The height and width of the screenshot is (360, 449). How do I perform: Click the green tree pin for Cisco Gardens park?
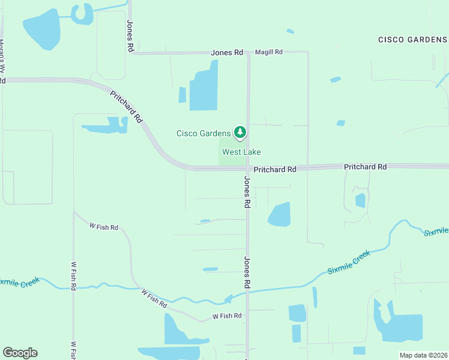click(240, 132)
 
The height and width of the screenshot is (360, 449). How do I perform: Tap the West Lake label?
click(241, 152)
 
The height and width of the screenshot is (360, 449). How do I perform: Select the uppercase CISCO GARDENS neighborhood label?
click(412, 40)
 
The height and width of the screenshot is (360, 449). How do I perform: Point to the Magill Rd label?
click(268, 52)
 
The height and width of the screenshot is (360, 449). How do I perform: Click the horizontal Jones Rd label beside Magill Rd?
click(226, 53)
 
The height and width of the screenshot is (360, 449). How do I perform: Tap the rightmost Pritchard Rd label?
click(365, 166)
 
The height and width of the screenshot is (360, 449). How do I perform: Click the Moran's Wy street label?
click(2, 56)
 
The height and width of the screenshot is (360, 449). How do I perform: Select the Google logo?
click(20, 353)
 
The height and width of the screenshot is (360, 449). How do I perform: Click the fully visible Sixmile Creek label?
click(349, 263)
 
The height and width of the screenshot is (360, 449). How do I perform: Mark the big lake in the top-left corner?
click(41, 30)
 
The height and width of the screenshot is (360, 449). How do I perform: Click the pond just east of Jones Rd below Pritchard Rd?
click(280, 214)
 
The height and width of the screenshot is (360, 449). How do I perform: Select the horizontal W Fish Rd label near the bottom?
click(227, 316)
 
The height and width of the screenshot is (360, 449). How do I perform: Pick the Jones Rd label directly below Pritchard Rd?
click(246, 192)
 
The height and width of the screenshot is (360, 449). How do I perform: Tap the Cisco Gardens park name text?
click(203, 133)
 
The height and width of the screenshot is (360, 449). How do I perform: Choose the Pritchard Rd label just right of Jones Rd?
click(275, 170)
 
